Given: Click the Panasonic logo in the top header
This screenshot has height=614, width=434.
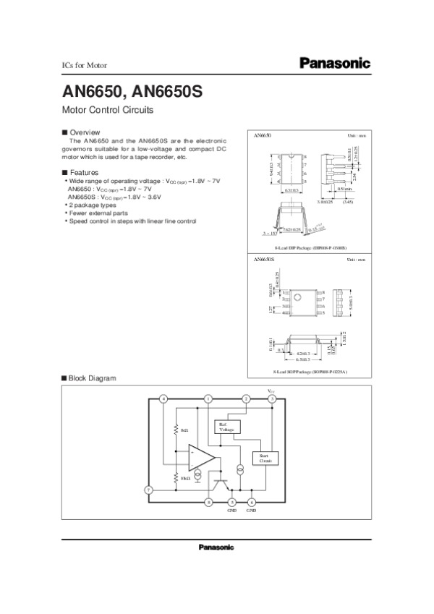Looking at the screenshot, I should click(335, 64).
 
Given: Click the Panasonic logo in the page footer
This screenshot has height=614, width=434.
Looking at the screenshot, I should click(216, 547).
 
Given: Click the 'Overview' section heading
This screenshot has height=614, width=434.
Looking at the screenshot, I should click(84, 132).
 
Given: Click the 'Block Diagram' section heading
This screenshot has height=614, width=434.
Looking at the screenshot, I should click(92, 378).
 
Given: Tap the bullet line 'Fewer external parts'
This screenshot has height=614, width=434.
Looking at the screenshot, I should click(97, 213).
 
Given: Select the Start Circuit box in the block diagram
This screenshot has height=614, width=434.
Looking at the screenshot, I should click(260, 458).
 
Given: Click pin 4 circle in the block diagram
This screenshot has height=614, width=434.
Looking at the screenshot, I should click(163, 398).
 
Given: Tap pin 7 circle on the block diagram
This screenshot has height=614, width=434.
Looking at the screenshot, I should click(148, 490).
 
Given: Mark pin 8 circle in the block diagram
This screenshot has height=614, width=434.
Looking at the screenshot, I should click(208, 502).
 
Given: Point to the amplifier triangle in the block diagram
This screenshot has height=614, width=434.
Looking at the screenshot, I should click(200, 458).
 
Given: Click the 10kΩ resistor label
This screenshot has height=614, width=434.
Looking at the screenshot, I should click(185, 479).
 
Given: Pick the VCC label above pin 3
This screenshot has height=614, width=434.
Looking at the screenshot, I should click(272, 391).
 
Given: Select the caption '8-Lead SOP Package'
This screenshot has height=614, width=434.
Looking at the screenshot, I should click(310, 372).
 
